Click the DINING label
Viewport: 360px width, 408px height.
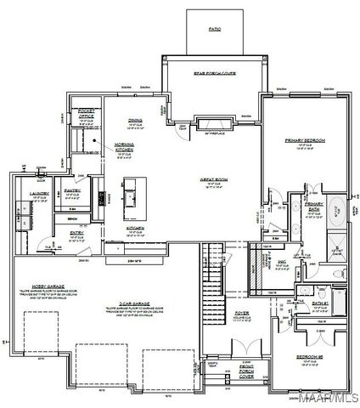tap(134, 120)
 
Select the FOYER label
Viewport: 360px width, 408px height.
tap(242, 313)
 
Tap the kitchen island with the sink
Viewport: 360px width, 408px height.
tap(132, 194)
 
